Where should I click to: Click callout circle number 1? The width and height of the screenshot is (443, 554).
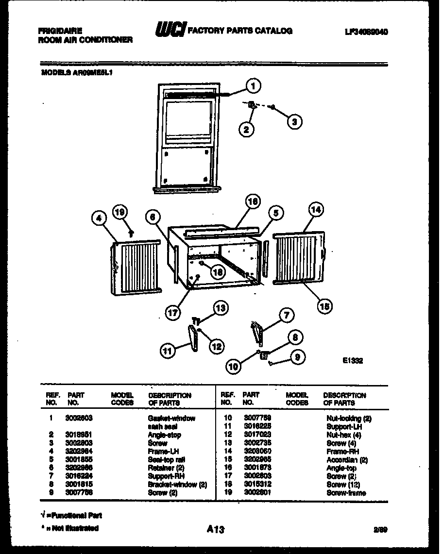(x=253, y=86)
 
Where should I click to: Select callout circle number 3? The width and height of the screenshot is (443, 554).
(x=294, y=121)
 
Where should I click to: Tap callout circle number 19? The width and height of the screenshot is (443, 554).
(x=120, y=211)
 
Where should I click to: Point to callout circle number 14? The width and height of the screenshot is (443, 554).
(x=316, y=210)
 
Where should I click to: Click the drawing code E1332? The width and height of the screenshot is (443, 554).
(x=352, y=361)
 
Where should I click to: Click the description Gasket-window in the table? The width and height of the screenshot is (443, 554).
(x=171, y=418)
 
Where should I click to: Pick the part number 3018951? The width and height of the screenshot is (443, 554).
(x=79, y=435)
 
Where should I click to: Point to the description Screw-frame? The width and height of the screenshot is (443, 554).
(x=346, y=493)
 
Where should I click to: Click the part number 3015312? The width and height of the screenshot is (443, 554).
(x=257, y=485)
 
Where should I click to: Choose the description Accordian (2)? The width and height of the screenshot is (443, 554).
(x=347, y=460)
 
